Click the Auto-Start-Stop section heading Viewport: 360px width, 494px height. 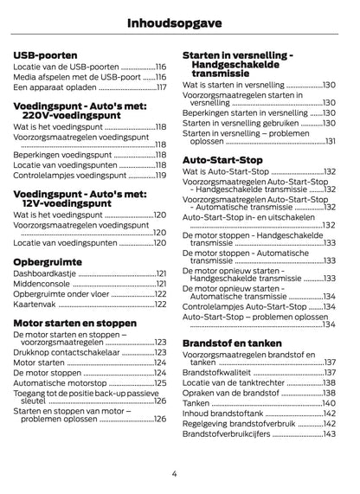pyautogui.click(x=222, y=159)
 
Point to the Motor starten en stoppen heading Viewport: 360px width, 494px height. pyautogui.click(x=75, y=323)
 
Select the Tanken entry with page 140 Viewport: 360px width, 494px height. pyautogui.click(x=196, y=403)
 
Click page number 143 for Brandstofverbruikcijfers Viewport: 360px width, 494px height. pyautogui.click(x=330, y=433)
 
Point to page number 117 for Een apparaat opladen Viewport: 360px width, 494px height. pyautogui.click(x=161, y=87)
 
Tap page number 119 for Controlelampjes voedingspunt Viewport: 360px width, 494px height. pyautogui.click(x=161, y=175)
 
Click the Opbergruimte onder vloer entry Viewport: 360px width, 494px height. pyautogui.click(x=61, y=294)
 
